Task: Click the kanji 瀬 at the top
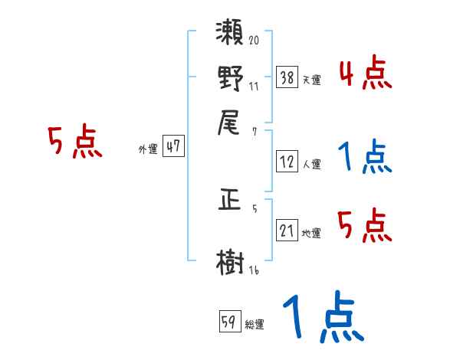pyautogui.click(x=230, y=34)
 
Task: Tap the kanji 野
pyautogui.click(x=230, y=79)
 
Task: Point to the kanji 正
pyautogui.click(x=230, y=201)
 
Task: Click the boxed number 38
pyautogui.click(x=287, y=77)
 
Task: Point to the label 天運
pyautogui.click(x=312, y=80)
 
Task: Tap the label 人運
pyautogui.click(x=312, y=163)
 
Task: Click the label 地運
pyautogui.click(x=312, y=234)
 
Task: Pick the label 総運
pyautogui.click(x=255, y=324)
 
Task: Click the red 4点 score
pyautogui.click(x=365, y=74)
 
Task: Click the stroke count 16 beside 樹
pyautogui.click(x=254, y=269)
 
